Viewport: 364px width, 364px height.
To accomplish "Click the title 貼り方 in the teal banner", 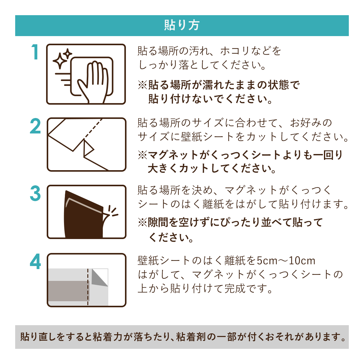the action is pyautogui.click(x=182, y=25).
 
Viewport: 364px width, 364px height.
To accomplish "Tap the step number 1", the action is pyautogui.click(x=35, y=52).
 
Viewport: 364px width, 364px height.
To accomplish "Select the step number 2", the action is pyautogui.click(x=35, y=126).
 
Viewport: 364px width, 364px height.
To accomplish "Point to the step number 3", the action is pyautogui.click(x=35, y=193).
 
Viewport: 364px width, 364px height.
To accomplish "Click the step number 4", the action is pyautogui.click(x=35, y=261).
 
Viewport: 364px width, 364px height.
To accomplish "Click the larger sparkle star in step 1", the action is pyautogui.click(x=60, y=61).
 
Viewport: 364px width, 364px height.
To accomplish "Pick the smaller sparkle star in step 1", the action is pyautogui.click(x=67, y=54).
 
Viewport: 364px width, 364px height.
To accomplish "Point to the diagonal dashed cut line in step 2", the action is pyautogui.click(x=93, y=128).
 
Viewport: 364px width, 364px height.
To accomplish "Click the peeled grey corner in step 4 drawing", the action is pyautogui.click(x=99, y=277).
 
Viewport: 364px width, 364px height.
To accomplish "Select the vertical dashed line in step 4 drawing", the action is pyautogui.click(x=88, y=287).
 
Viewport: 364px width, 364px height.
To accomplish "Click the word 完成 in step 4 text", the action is pyautogui.click(x=235, y=288).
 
